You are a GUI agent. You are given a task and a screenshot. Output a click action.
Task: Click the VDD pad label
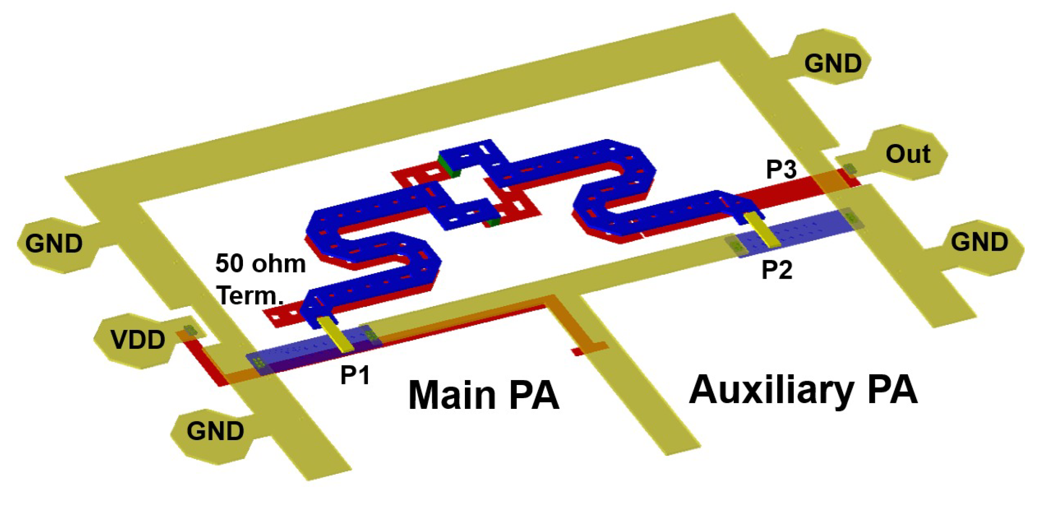tap(138, 340)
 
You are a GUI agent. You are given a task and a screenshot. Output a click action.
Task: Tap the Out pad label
tap(908, 154)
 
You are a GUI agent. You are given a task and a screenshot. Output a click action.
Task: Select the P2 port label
tap(777, 270)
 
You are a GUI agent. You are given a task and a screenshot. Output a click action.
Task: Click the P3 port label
tap(781, 169)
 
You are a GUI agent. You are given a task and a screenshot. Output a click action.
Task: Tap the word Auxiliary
tap(771, 390)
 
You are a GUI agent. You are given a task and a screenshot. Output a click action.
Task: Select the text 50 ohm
tap(261, 264)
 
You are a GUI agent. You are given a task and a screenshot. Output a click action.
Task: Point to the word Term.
tap(250, 296)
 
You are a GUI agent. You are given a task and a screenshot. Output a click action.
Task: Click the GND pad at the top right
tap(833, 63)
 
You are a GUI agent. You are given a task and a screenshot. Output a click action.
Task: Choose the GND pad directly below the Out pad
tap(979, 243)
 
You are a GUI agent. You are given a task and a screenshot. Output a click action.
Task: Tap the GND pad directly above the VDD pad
tap(54, 243)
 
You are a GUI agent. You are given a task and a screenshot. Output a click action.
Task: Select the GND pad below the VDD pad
tap(215, 431)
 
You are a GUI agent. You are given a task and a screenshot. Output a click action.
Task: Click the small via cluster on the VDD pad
tap(189, 331)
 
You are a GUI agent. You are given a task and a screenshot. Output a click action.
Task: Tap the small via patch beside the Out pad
tap(850, 169)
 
